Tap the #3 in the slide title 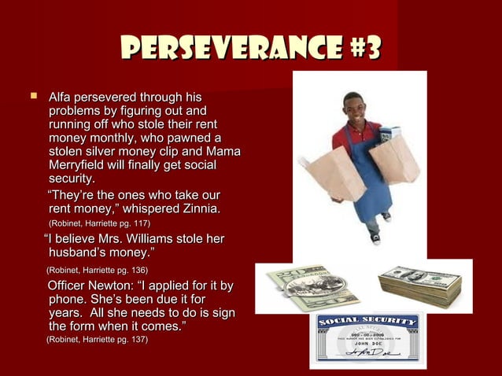pos(361,50)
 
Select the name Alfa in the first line pos(62,97)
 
